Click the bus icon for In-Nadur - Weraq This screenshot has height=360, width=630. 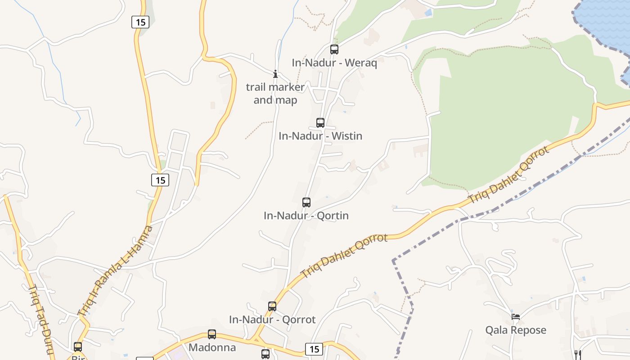pyautogui.click(x=334, y=49)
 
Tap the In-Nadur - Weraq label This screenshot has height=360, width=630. pyautogui.click(x=334, y=63)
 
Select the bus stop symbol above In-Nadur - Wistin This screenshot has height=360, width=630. pyautogui.click(x=320, y=122)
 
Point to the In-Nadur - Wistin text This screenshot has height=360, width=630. pyautogui.click(x=320, y=136)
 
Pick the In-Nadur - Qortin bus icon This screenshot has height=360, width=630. pyautogui.click(x=306, y=202)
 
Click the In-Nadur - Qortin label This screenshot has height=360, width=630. pyautogui.click(x=306, y=216)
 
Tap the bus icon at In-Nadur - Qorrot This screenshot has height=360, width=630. pyautogui.click(x=272, y=306)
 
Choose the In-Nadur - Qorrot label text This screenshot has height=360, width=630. pyautogui.click(x=272, y=319)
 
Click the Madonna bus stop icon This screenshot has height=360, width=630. pyautogui.click(x=212, y=334)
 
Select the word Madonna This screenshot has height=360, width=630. pyautogui.click(x=212, y=347)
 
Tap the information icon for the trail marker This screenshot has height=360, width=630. pyautogui.click(x=275, y=74)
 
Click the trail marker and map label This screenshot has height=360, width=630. pyautogui.click(x=275, y=94)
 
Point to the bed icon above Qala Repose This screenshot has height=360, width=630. pyautogui.click(x=516, y=316)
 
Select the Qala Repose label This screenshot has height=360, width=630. pyautogui.click(x=516, y=330)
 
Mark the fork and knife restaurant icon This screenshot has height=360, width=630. pyautogui.click(x=578, y=354)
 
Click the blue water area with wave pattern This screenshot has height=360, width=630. pyautogui.click(x=605, y=20)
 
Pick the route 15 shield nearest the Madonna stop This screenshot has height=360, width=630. pyautogui.click(x=314, y=349)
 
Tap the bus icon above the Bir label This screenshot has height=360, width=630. pyautogui.click(x=78, y=346)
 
